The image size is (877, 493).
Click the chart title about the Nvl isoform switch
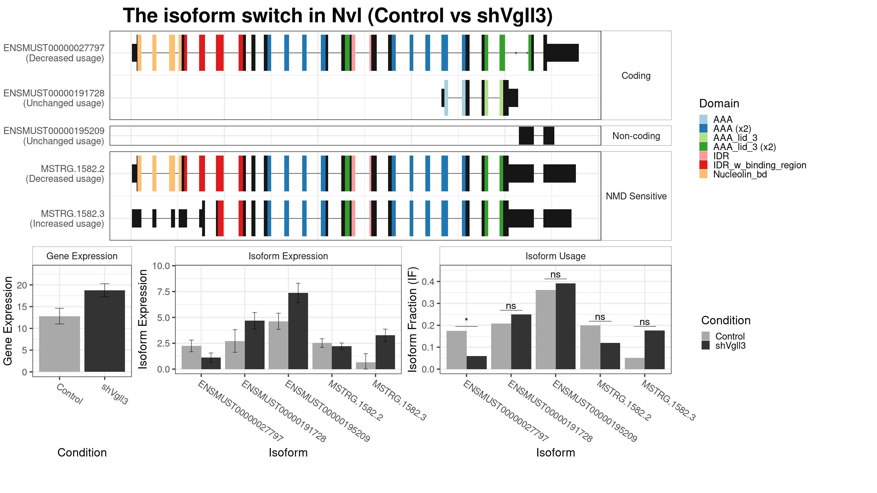338,16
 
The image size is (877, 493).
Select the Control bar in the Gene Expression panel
60,344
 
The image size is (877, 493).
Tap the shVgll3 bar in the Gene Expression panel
105,331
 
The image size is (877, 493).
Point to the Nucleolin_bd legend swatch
703,174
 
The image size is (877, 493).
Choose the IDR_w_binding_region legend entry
753,165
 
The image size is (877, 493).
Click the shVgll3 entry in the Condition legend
724,345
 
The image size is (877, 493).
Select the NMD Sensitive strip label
636,196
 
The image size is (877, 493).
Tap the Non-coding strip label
636,136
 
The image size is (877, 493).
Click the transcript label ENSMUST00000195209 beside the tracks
54,131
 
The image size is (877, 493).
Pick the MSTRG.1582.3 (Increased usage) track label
67,218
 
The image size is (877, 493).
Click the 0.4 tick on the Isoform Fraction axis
428,282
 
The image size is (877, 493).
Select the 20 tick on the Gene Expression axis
22,285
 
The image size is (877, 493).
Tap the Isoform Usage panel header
555,256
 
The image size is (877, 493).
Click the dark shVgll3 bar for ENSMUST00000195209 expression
298,331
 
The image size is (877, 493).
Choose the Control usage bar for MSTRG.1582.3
635,363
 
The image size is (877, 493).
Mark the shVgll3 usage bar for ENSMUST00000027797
477,363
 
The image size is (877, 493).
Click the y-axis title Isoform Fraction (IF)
413,320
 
